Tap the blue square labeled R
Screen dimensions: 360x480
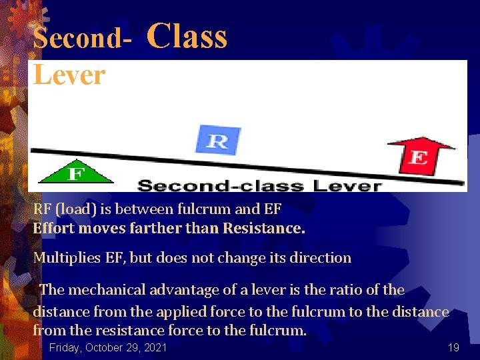217,140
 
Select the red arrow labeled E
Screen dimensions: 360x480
419,154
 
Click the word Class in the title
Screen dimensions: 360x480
187,36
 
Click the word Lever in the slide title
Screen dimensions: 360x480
69,75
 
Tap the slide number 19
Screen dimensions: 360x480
453,347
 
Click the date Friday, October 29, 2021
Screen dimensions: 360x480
108,347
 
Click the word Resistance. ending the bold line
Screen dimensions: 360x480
264,228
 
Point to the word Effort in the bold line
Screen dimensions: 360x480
53,228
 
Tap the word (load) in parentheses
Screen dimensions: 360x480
79,209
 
